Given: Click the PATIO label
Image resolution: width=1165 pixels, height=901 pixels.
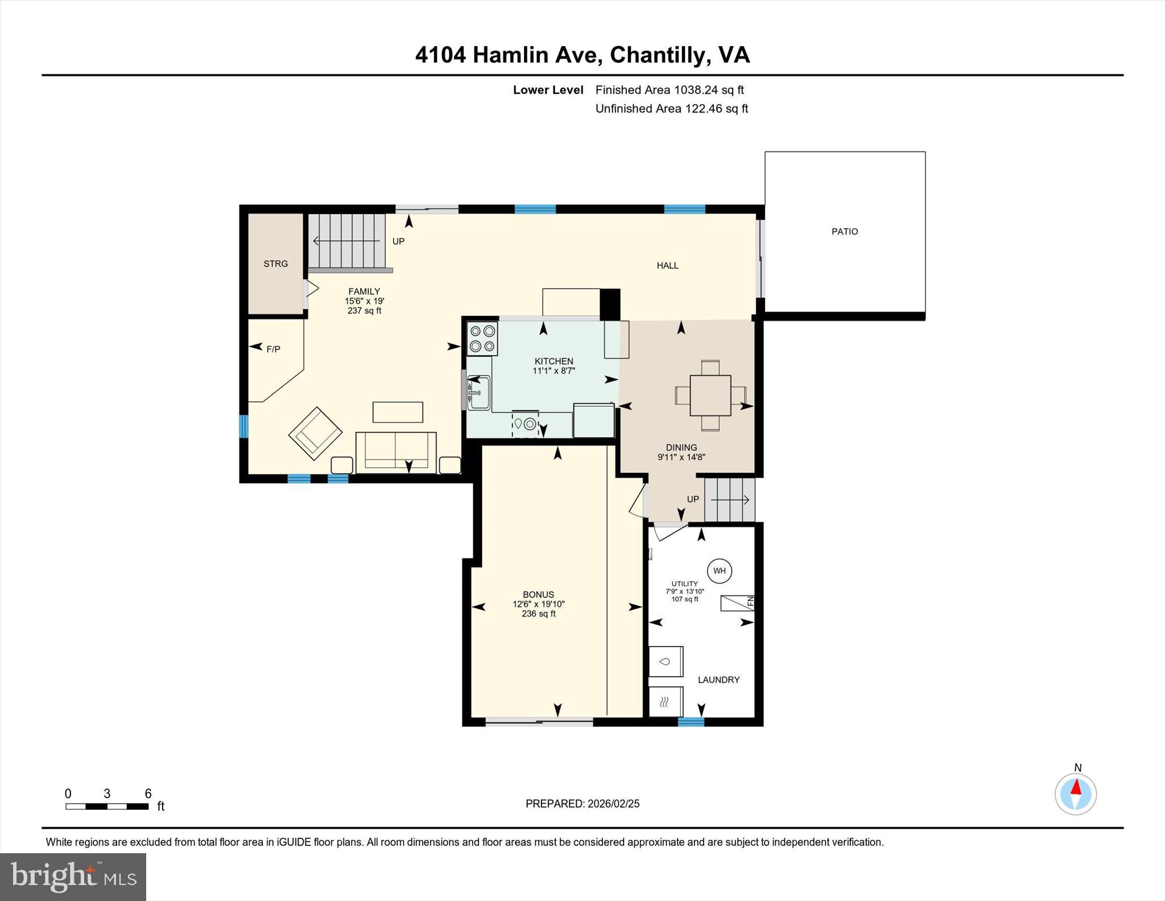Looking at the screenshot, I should click(844, 232).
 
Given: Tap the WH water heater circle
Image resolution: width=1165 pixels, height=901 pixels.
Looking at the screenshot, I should click(719, 571).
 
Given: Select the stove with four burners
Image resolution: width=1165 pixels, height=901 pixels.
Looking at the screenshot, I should click(482, 338).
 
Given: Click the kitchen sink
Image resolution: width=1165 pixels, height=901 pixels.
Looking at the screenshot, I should click(478, 392).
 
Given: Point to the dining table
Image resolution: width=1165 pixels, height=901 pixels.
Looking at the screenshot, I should click(710, 395).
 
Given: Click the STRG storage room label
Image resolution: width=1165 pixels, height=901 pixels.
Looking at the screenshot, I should click(275, 264).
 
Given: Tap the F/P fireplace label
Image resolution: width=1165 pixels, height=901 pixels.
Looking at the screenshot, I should click(273, 349).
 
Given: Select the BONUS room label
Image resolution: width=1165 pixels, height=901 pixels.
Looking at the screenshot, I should click(538, 594).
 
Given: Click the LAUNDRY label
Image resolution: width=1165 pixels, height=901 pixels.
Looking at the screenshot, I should click(718, 680).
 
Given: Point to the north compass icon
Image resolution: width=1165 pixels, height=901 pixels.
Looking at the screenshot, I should click(1075, 793).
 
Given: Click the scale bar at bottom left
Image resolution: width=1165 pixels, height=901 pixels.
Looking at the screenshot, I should click(107, 806).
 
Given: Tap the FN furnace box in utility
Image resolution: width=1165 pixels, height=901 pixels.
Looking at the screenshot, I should click(737, 603).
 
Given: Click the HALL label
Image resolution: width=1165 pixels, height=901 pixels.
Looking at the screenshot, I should click(667, 265).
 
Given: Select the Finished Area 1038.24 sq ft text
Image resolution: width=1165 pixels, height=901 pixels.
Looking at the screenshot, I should click(669, 90).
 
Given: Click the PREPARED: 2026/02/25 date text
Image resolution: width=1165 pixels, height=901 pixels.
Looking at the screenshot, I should click(582, 804).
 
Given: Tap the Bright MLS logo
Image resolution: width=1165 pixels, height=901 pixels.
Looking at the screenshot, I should click(73, 877).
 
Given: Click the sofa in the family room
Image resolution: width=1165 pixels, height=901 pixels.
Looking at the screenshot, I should click(396, 452).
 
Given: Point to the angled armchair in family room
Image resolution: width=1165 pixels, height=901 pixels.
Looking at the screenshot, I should click(315, 434).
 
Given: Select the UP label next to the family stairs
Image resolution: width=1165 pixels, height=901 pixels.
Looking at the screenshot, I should click(398, 241).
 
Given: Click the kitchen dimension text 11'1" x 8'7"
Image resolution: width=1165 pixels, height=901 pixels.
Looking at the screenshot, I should click(553, 371).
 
